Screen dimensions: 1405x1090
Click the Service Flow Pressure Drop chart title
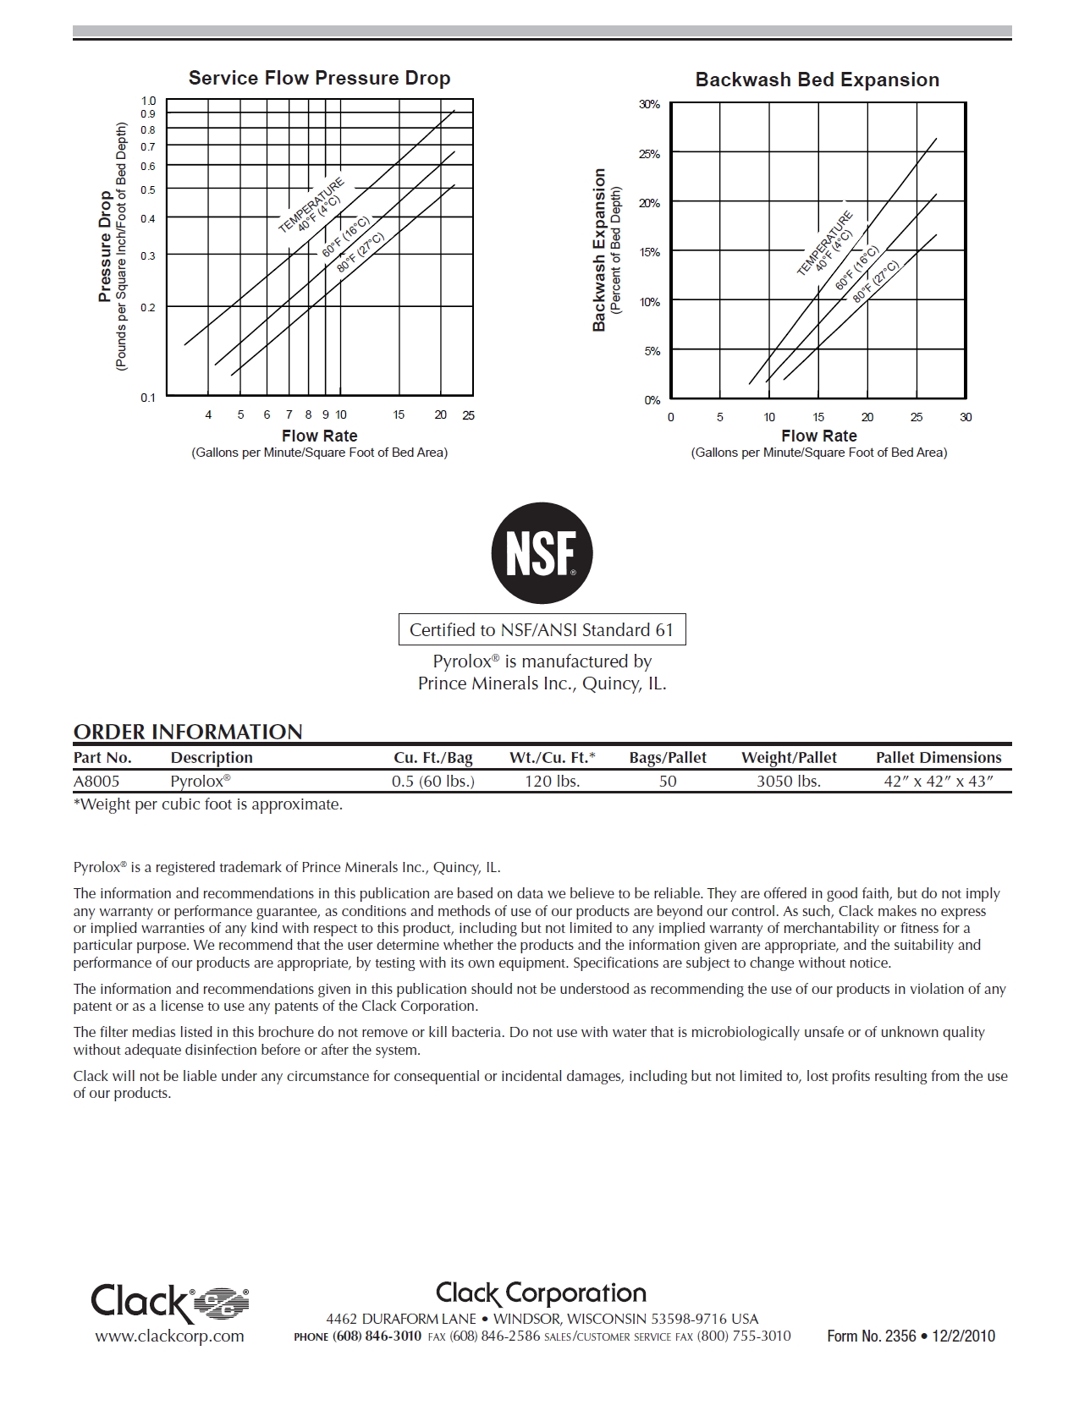(x=319, y=79)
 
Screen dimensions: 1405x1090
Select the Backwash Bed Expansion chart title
(x=817, y=80)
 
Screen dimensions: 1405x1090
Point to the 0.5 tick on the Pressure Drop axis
(x=148, y=189)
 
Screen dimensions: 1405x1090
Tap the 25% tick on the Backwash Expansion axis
(x=649, y=155)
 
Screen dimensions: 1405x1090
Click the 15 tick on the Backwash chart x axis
(x=818, y=417)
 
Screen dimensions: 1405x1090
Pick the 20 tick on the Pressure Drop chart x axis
(x=441, y=415)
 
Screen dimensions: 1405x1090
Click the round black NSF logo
(x=542, y=553)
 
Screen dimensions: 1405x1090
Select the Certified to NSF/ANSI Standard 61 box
(x=542, y=630)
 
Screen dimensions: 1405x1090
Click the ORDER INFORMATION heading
(x=188, y=732)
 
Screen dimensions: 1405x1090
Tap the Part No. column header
(x=102, y=758)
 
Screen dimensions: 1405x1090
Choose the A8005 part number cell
(x=96, y=781)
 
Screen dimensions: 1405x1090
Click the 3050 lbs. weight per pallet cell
(x=789, y=781)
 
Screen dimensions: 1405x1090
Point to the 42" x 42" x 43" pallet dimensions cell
(x=938, y=781)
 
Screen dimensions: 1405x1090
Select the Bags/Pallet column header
(x=668, y=758)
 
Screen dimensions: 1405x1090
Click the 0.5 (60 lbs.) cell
(x=433, y=781)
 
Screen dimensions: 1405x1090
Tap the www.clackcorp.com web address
(x=169, y=1336)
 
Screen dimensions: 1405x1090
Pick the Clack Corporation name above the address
(x=542, y=1293)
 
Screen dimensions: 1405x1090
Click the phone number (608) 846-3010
(x=377, y=1336)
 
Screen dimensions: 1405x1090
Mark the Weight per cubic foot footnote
(x=208, y=804)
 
